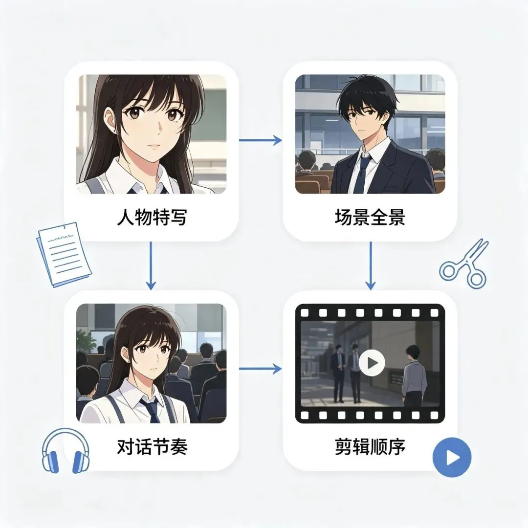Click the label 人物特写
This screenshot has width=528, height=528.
[152, 217]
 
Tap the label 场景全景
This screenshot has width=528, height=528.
[370, 217]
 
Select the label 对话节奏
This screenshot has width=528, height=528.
[152, 446]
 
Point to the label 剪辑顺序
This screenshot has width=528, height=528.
[370, 446]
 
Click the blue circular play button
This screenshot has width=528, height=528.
[452, 457]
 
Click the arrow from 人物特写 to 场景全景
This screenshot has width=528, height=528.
[260, 140]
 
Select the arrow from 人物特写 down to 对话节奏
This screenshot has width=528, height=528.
[151, 265]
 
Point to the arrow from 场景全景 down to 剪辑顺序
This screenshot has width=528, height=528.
[371, 265]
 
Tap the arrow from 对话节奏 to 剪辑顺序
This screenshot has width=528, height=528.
[260, 369]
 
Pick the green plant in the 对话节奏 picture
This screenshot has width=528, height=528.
[83, 340]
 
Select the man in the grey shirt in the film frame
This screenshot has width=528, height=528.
[415, 376]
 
